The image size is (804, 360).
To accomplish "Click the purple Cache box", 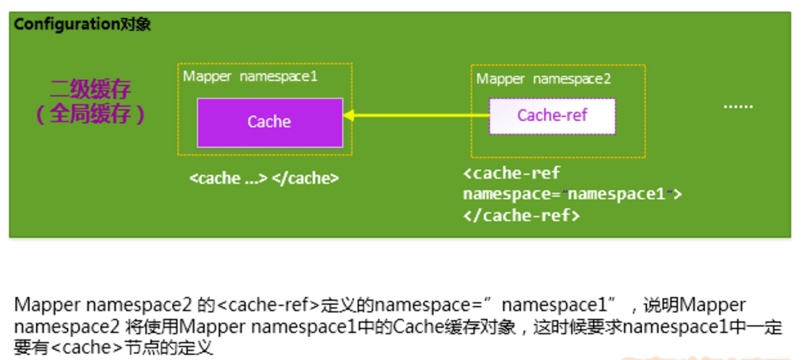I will pyautogui.click(x=270, y=122).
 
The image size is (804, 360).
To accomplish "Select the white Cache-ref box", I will pyautogui.click(x=552, y=116).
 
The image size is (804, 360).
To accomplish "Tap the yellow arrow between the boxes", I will pyautogui.click(x=418, y=116).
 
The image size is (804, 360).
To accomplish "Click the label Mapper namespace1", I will pyautogui.click(x=250, y=76).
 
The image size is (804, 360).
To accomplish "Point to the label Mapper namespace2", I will pyautogui.click(x=544, y=79).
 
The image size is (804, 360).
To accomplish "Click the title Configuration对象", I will pyautogui.click(x=82, y=24).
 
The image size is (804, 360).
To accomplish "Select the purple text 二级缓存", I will pyautogui.click(x=91, y=89).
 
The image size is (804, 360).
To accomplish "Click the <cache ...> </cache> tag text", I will pyautogui.click(x=264, y=178).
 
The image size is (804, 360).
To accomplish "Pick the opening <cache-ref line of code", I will pyautogui.click(x=511, y=173).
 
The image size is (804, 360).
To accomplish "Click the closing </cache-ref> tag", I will pyautogui.click(x=521, y=215).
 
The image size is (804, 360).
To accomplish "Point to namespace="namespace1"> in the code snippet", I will pyautogui.click(x=572, y=194).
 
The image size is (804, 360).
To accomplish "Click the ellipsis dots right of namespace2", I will pyautogui.click(x=738, y=106).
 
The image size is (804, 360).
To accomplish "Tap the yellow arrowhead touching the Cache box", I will pyautogui.click(x=349, y=116).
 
